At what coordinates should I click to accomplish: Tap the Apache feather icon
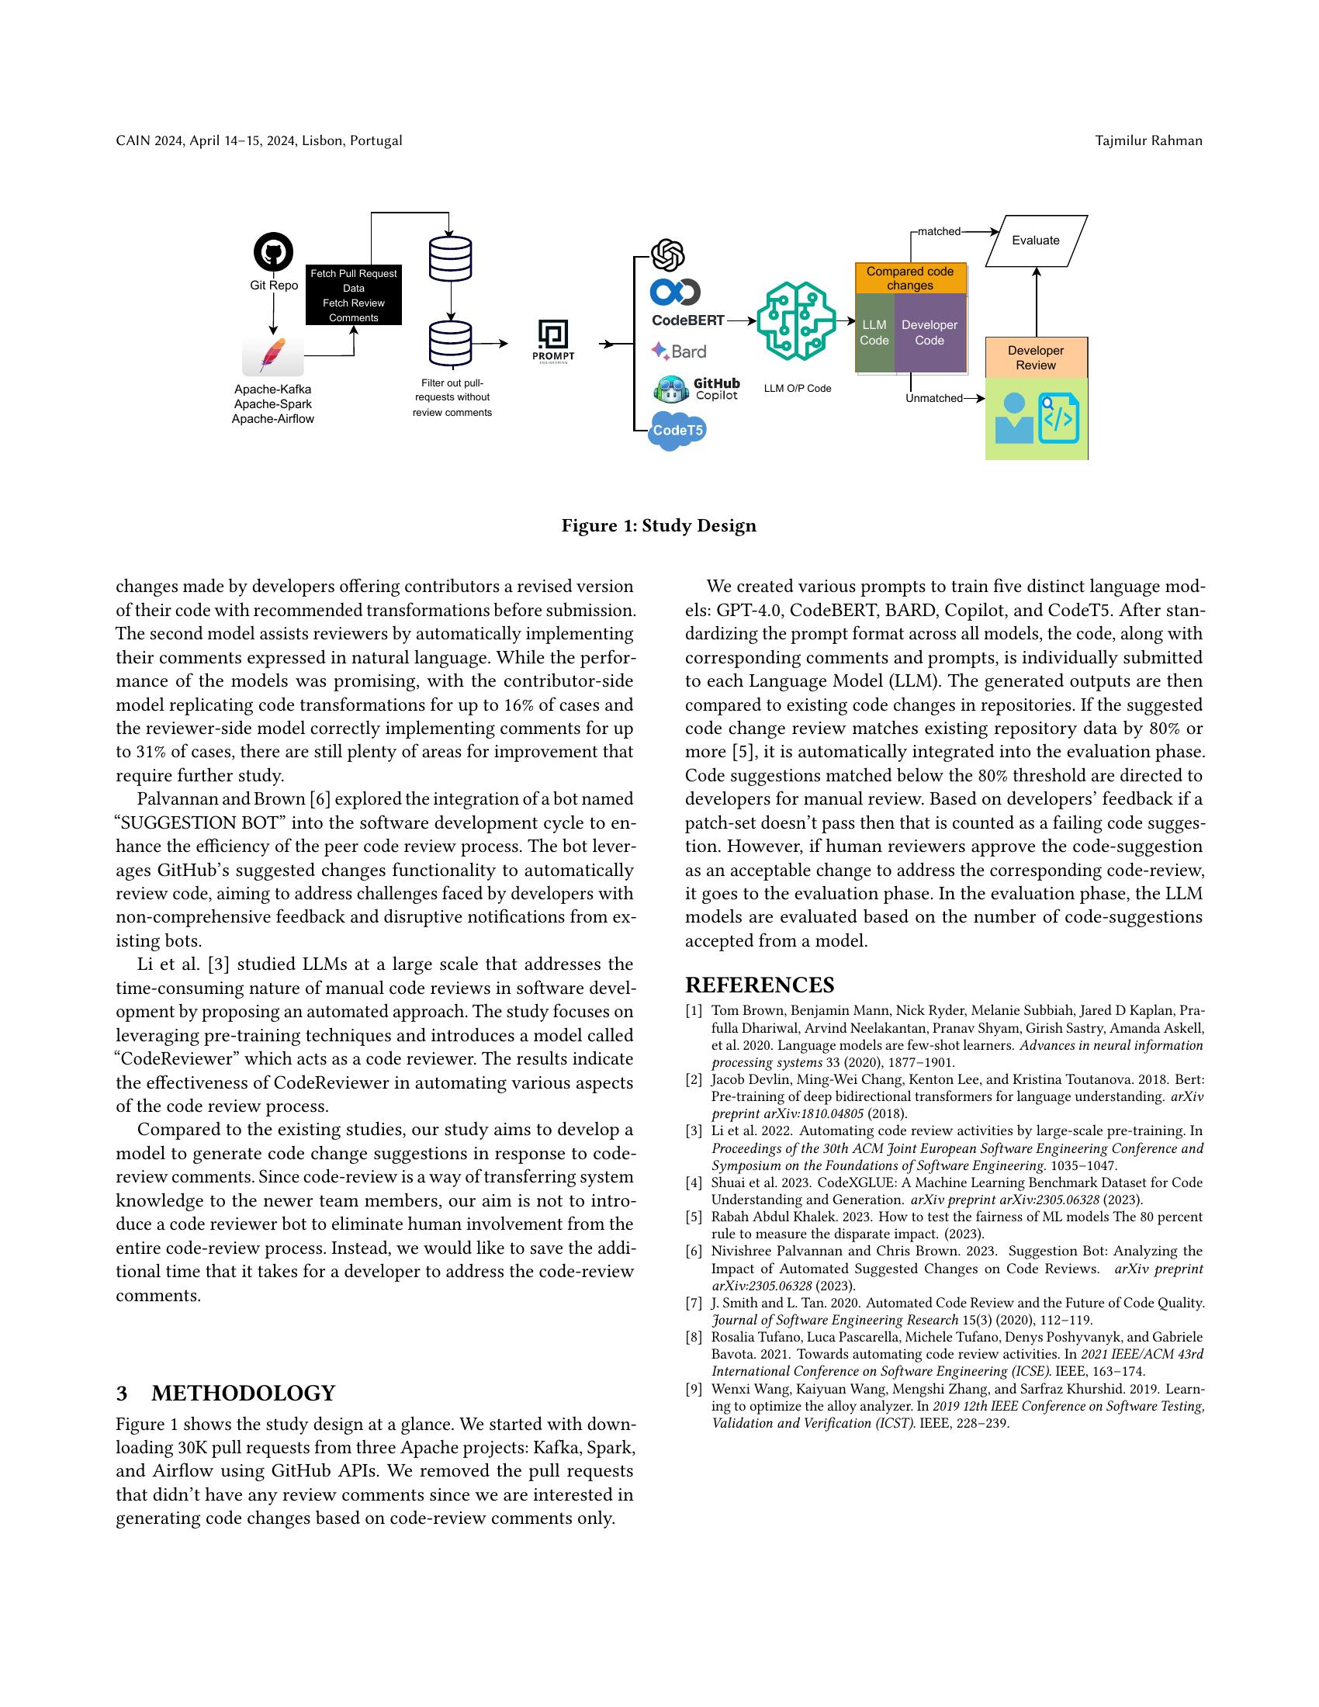coord(272,356)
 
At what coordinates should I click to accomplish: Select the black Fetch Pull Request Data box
coord(353,295)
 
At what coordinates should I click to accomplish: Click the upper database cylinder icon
coord(450,258)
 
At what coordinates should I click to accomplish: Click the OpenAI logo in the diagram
coord(668,254)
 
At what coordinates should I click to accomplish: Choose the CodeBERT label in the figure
coord(687,320)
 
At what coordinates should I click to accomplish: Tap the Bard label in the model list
coord(679,351)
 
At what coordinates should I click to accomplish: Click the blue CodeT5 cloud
coord(677,431)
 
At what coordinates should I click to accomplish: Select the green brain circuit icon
coord(791,320)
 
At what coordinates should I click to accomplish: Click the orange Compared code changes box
coord(910,279)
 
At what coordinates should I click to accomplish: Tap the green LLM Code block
coord(874,333)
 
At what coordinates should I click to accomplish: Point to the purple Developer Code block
coord(930,333)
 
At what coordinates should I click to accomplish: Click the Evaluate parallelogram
coord(1036,241)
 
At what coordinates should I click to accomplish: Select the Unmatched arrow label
coord(933,399)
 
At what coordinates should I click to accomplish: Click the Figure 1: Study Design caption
coord(659,526)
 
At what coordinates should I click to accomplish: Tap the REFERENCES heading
coord(760,985)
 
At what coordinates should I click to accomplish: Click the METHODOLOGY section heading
coord(226,1393)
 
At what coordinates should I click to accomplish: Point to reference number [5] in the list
coord(694,1217)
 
